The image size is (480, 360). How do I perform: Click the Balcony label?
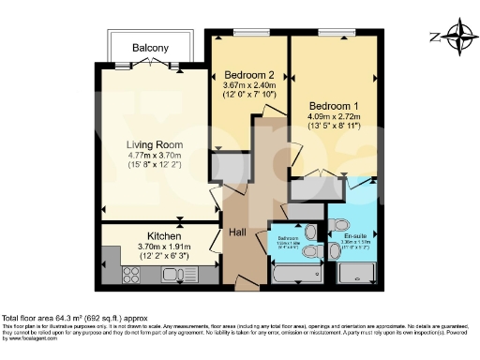(150, 47)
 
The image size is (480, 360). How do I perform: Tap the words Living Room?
(156, 144)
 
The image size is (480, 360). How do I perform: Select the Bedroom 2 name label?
(247, 76)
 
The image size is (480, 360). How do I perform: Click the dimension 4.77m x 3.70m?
(156, 156)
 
